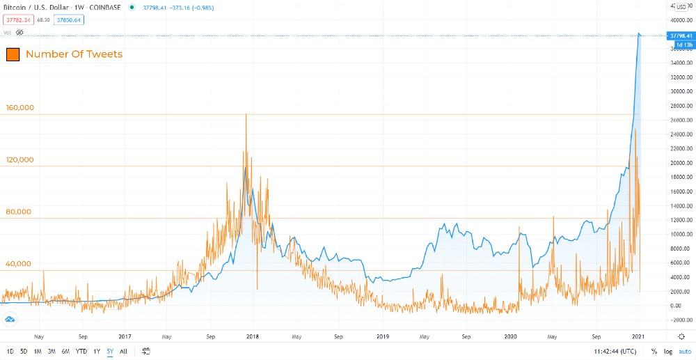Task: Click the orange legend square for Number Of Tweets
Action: tap(13, 54)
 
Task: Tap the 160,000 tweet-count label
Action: tap(20, 108)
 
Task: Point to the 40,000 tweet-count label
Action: tap(19, 264)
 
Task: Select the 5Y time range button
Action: tap(109, 351)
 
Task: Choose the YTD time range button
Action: tap(81, 351)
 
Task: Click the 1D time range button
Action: tap(10, 351)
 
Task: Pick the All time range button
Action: tap(123, 351)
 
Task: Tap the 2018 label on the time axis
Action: tap(253, 336)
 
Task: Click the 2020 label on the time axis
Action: tap(511, 336)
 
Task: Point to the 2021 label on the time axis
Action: tap(639, 336)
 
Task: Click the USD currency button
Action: tap(681, 6)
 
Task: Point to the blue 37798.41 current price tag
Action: tap(680, 36)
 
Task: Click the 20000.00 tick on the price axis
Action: tap(680, 163)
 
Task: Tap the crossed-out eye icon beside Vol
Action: tap(20, 32)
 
